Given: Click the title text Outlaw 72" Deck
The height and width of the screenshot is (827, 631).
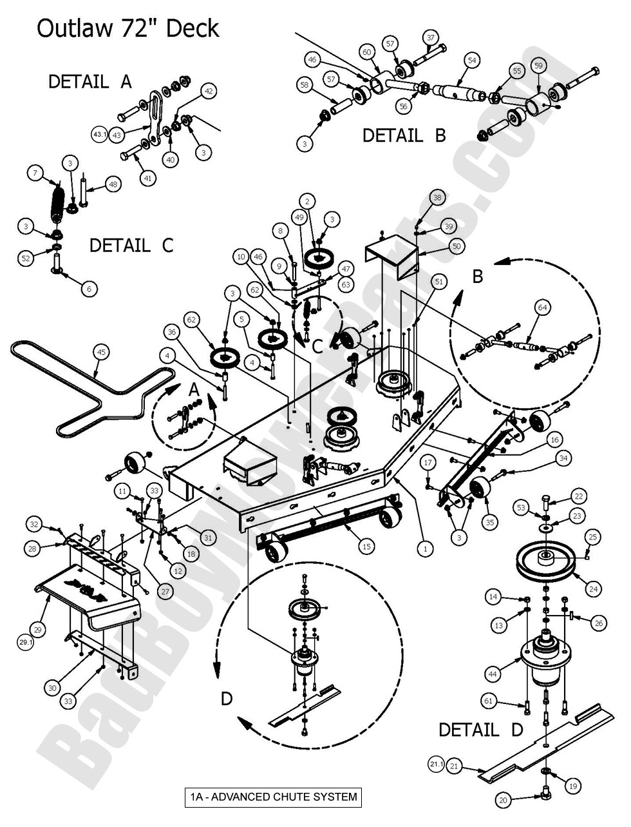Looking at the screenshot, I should pos(127,28).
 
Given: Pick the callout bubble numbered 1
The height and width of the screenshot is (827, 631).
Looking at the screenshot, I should pos(424,549).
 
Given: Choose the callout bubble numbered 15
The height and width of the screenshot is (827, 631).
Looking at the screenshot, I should pos(366,547).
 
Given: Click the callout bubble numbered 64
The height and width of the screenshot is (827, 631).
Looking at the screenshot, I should pos(543,308).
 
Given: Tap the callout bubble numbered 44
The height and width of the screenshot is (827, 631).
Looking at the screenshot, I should pos(493,674).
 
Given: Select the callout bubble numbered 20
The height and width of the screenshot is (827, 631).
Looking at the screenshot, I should pos(504,800).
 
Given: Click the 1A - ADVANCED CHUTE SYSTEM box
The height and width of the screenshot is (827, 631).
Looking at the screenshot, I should pos(272,797).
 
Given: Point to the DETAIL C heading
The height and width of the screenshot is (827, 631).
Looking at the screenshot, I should pos(131,246).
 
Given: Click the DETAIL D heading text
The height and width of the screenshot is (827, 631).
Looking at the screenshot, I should pos(480,730).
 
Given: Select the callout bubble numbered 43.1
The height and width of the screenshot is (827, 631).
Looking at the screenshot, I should pos(99,135).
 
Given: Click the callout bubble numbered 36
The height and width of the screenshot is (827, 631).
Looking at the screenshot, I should pos(171,333).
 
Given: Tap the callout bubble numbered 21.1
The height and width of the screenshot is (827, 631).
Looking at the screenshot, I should pos(436,764).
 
